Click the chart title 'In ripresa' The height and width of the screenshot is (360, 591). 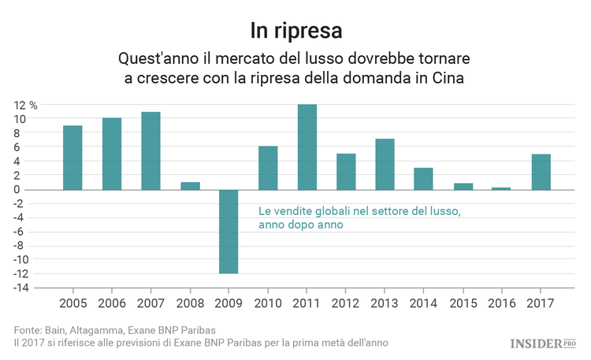(295, 31)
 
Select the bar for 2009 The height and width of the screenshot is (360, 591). (229, 232)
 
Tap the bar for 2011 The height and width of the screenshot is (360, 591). (307, 147)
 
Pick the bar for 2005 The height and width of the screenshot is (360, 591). (72, 158)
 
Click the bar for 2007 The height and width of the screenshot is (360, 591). (151, 150)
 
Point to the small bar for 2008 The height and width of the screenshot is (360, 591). (190, 186)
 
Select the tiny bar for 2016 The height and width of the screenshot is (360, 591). (501, 188)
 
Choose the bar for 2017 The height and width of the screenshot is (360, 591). (541, 172)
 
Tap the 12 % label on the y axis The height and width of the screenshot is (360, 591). (25, 105)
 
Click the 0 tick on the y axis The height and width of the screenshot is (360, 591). (23, 190)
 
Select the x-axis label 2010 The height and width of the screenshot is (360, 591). (268, 303)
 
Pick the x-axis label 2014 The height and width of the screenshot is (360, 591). (424, 303)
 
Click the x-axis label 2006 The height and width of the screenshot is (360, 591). (112, 303)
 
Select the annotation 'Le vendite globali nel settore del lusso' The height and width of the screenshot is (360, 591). (359, 212)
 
